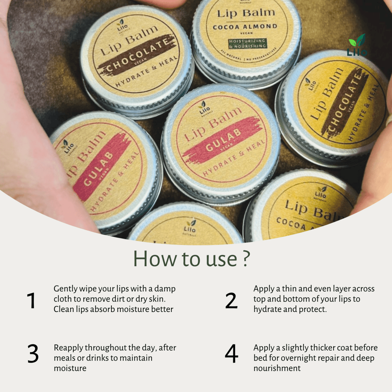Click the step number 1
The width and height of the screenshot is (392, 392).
[31, 301]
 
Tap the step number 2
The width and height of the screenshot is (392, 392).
[231, 301]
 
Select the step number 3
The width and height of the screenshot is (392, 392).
[33, 354]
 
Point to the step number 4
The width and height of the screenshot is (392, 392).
[231, 354]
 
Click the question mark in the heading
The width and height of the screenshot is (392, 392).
[246, 259]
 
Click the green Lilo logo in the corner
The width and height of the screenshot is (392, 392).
[357, 46]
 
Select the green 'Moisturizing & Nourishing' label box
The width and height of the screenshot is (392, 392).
[248, 43]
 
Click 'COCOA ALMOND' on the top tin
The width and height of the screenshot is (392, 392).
[245, 27]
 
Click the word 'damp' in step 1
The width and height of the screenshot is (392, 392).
[165, 289]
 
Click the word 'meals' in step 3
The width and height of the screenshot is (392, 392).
[64, 358]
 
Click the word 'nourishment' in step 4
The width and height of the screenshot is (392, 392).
[277, 368]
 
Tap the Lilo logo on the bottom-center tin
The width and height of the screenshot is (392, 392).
[189, 228]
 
